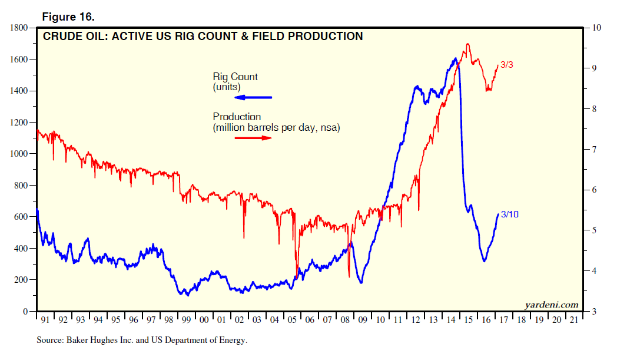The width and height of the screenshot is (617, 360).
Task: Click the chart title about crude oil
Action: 203,37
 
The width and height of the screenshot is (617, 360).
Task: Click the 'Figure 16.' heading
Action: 68,16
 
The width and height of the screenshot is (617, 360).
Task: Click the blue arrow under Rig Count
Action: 253,97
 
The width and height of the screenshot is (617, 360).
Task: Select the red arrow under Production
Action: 253,137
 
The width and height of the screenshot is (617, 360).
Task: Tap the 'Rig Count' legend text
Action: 235,77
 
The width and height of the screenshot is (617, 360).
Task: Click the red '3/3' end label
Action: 507,65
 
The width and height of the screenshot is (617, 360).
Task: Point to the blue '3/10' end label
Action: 509,214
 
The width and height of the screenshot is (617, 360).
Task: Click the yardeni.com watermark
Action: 551,305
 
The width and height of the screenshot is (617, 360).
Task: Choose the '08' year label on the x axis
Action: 345,320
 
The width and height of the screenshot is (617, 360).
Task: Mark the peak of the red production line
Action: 467,44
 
